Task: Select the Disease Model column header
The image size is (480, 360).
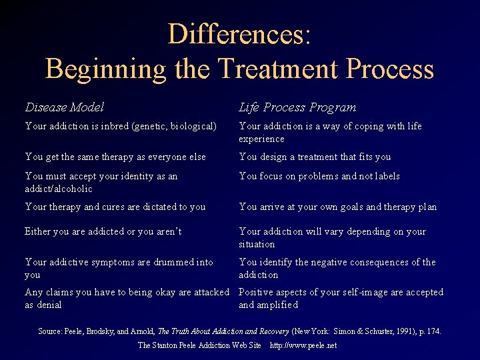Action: (x=64, y=107)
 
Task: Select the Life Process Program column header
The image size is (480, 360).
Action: (x=297, y=107)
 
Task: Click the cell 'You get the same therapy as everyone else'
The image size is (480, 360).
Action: (x=115, y=157)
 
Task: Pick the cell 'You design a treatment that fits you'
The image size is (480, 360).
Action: (x=315, y=157)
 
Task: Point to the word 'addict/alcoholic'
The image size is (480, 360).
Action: (x=59, y=189)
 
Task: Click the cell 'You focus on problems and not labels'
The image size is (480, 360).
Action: (x=319, y=177)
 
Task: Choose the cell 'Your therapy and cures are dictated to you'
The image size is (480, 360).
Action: (x=115, y=207)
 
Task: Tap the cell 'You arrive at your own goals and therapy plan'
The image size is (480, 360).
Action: (x=337, y=207)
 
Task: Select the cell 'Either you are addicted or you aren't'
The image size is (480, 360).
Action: (x=103, y=231)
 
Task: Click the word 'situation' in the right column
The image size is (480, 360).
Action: (x=257, y=244)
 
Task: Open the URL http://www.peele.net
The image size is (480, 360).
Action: (x=303, y=345)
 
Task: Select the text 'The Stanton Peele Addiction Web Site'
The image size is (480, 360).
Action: (x=199, y=345)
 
